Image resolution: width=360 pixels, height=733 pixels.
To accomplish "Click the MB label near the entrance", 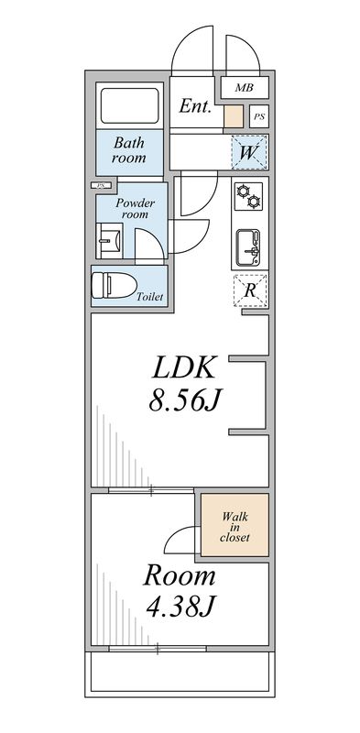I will [243, 88].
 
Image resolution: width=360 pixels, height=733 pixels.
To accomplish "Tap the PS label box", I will [259, 117].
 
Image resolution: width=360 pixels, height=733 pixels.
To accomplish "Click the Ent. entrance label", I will [195, 106].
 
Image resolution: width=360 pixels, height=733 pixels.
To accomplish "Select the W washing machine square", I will [249, 152].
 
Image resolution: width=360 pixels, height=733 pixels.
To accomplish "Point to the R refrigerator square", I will [250, 290].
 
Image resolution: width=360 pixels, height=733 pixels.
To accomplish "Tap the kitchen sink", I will [249, 245].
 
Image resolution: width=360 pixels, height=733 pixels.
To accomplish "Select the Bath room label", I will [129, 149].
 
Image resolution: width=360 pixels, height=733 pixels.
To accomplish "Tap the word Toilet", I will [149, 297].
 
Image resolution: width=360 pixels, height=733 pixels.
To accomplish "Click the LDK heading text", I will [183, 368].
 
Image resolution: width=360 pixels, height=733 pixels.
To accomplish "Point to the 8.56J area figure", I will [183, 401].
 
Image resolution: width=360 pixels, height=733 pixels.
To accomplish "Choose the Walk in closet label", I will [235, 526].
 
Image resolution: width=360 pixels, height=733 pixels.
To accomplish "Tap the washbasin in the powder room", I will [106, 244].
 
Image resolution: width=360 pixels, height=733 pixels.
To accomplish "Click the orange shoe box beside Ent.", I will [234, 116].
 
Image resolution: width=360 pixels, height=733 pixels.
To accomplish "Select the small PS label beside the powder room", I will [98, 187].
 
